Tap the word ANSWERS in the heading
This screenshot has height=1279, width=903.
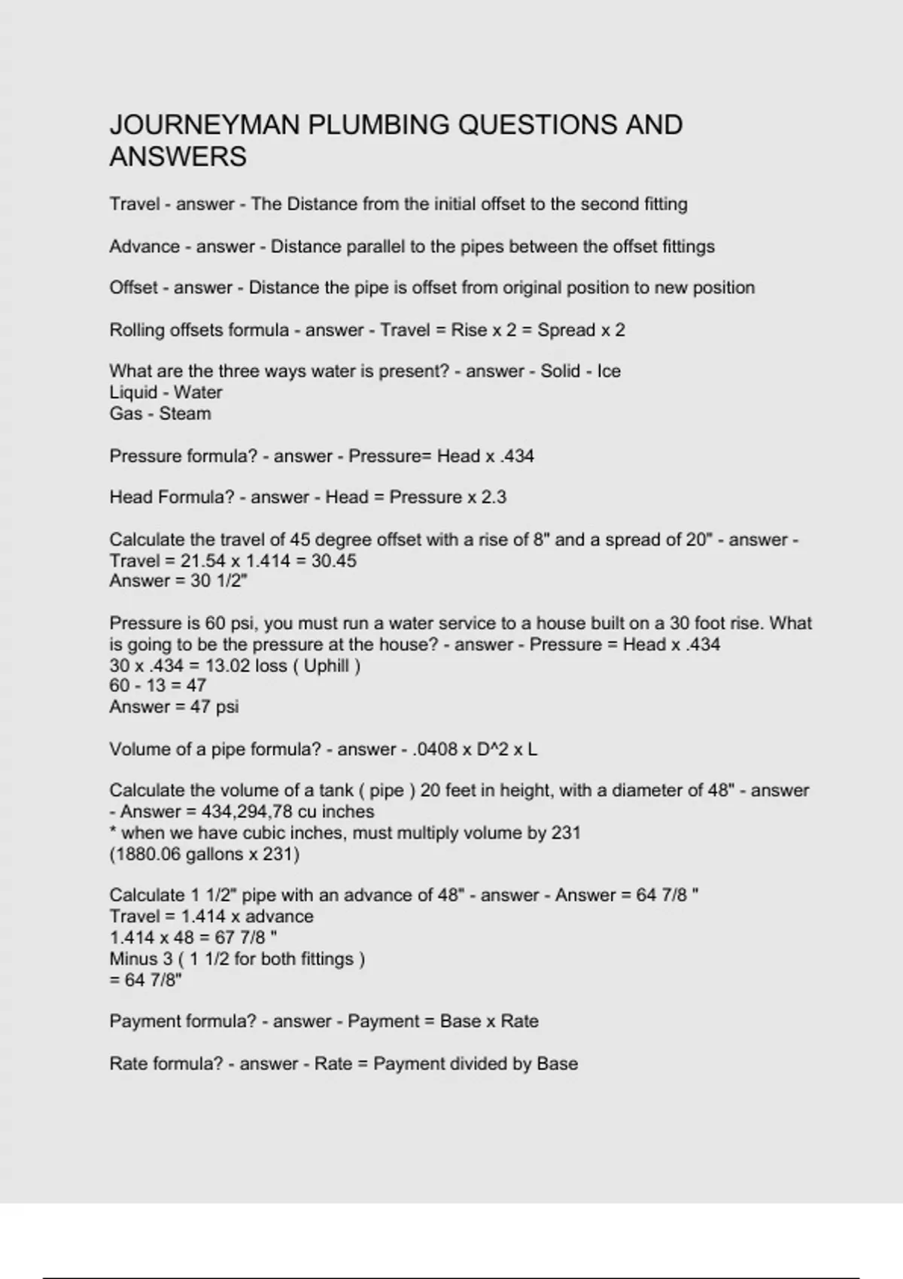(x=178, y=157)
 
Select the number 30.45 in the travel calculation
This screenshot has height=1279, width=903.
(x=332, y=561)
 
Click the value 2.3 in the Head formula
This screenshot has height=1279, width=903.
(x=494, y=497)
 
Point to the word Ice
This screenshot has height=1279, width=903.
(x=609, y=372)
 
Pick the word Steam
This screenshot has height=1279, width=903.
(x=185, y=414)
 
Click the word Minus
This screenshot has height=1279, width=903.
(x=130, y=959)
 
